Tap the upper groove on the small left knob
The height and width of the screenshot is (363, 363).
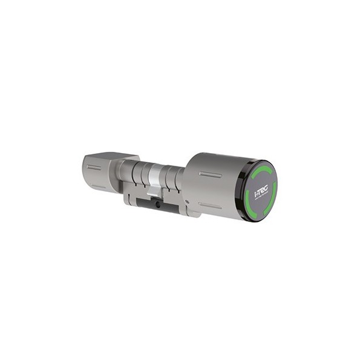point(94,167)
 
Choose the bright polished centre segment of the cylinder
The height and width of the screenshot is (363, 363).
point(156,179)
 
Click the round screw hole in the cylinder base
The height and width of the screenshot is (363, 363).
point(159,205)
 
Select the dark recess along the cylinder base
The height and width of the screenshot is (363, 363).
point(145,204)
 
